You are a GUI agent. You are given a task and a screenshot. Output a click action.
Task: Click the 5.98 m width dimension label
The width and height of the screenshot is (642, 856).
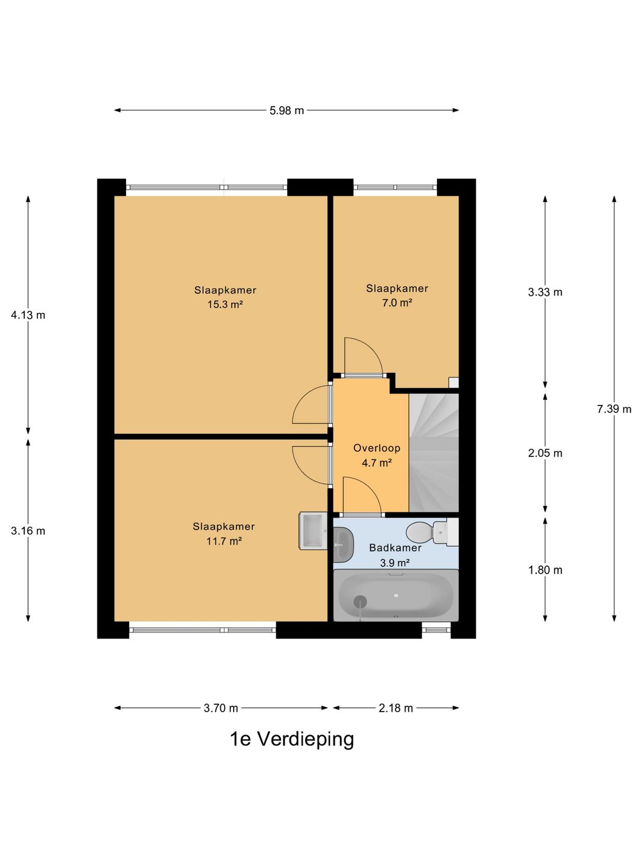(x=287, y=111)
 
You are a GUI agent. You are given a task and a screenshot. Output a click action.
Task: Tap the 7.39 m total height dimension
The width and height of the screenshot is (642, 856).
(x=614, y=409)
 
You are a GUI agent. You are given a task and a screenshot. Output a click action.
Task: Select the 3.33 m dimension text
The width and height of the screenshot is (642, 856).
(x=545, y=292)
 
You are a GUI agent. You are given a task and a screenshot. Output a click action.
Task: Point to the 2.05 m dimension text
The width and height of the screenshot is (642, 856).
(x=545, y=453)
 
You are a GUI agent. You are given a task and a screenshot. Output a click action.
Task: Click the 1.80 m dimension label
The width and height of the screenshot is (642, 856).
(x=545, y=570)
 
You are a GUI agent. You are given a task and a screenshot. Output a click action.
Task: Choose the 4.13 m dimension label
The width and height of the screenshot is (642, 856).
(x=28, y=314)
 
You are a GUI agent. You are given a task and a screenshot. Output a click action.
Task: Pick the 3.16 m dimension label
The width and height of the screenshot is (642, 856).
(x=28, y=531)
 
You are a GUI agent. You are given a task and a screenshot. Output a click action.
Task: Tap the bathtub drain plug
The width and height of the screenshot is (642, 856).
(x=360, y=602)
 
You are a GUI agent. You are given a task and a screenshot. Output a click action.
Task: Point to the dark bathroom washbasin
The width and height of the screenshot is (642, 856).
(x=344, y=545)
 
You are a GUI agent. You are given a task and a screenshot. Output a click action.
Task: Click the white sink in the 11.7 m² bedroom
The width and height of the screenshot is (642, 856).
(x=313, y=531)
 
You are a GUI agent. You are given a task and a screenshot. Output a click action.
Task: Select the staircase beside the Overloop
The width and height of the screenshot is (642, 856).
(x=433, y=452)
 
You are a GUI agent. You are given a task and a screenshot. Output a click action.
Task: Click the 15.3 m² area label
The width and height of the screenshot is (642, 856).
(x=225, y=304)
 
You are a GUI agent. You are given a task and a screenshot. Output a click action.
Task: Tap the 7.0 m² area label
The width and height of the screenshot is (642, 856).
(x=397, y=303)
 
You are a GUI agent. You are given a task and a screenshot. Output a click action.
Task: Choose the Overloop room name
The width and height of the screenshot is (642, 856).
(x=376, y=448)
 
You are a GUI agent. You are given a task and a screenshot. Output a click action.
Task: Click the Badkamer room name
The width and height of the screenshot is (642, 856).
(x=395, y=548)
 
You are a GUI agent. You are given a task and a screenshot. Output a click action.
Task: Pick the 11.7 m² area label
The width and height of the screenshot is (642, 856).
(x=224, y=541)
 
